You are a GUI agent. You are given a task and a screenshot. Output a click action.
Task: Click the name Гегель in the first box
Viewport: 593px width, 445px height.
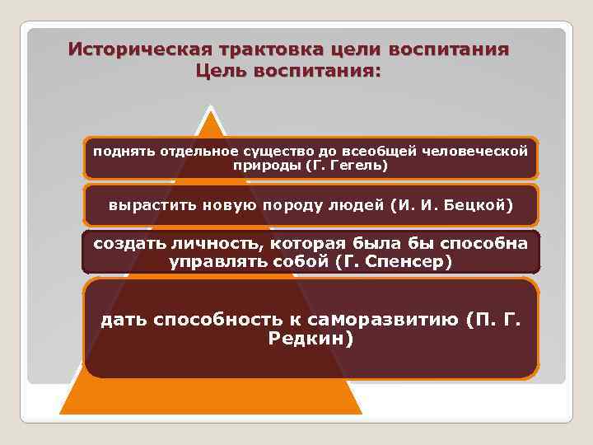click(356, 166)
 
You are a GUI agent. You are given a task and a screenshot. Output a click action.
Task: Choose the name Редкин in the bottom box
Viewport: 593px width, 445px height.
click(307, 339)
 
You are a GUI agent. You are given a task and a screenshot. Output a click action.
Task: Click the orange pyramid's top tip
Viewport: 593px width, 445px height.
click(212, 110)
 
